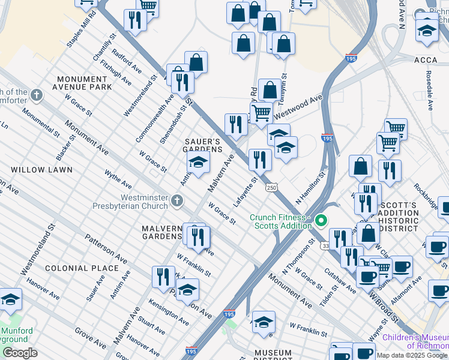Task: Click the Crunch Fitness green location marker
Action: [x=321, y=221]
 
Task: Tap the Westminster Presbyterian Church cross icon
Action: [x=177, y=200]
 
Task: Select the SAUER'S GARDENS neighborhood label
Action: [x=203, y=145]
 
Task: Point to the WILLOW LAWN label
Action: [x=41, y=170]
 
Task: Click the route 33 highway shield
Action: [x=325, y=245]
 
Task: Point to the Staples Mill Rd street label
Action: [x=82, y=28]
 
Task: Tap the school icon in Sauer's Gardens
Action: [x=198, y=161]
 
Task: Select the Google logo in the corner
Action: [x=20, y=353]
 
